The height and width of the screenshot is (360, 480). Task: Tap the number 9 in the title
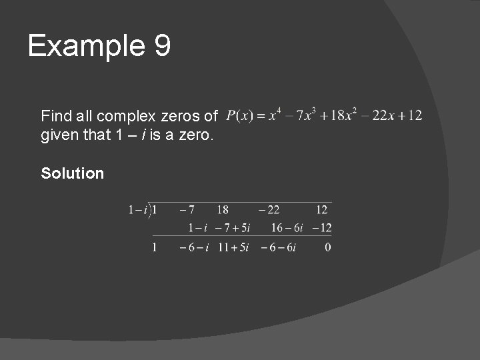(163, 46)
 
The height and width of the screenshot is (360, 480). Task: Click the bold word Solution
(73, 173)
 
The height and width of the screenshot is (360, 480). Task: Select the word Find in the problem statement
(55, 116)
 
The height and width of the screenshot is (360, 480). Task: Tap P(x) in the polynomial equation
(239, 116)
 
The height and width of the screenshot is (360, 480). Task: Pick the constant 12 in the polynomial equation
(415, 116)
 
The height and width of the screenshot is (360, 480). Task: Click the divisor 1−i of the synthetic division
(137, 210)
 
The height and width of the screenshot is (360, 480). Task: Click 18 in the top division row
(223, 210)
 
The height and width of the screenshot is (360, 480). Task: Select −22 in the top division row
(270, 210)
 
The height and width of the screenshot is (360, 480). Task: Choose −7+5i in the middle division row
(233, 228)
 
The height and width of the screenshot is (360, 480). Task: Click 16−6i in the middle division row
(287, 228)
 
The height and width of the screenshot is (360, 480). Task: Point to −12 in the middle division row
(321, 228)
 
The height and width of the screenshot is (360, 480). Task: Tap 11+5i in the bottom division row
(233, 247)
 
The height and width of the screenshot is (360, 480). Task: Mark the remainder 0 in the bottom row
(328, 247)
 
